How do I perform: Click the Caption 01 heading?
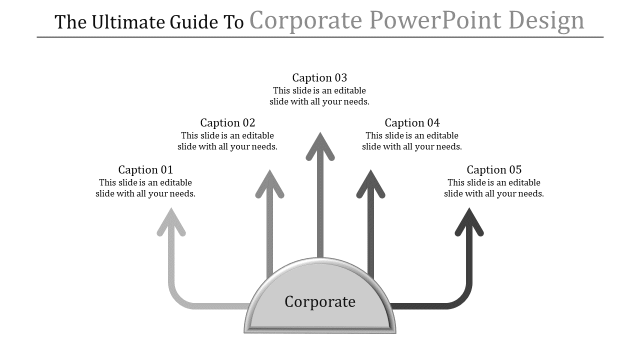(x=145, y=169)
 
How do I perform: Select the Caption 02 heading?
(x=227, y=122)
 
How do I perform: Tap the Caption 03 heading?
(x=319, y=77)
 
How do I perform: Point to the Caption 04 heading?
(x=412, y=122)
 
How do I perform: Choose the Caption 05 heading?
(x=494, y=169)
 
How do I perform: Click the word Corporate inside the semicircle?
(x=320, y=301)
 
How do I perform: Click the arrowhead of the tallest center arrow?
(x=320, y=146)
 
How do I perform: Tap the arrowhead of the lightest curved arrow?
(x=171, y=222)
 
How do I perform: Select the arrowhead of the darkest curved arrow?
(x=469, y=222)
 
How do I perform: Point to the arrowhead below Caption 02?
(x=269, y=184)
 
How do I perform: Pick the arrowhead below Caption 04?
(x=370, y=184)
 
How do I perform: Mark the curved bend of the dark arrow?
(x=461, y=298)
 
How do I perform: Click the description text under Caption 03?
(x=319, y=96)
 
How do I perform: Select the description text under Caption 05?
(x=494, y=188)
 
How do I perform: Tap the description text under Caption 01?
(x=145, y=188)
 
